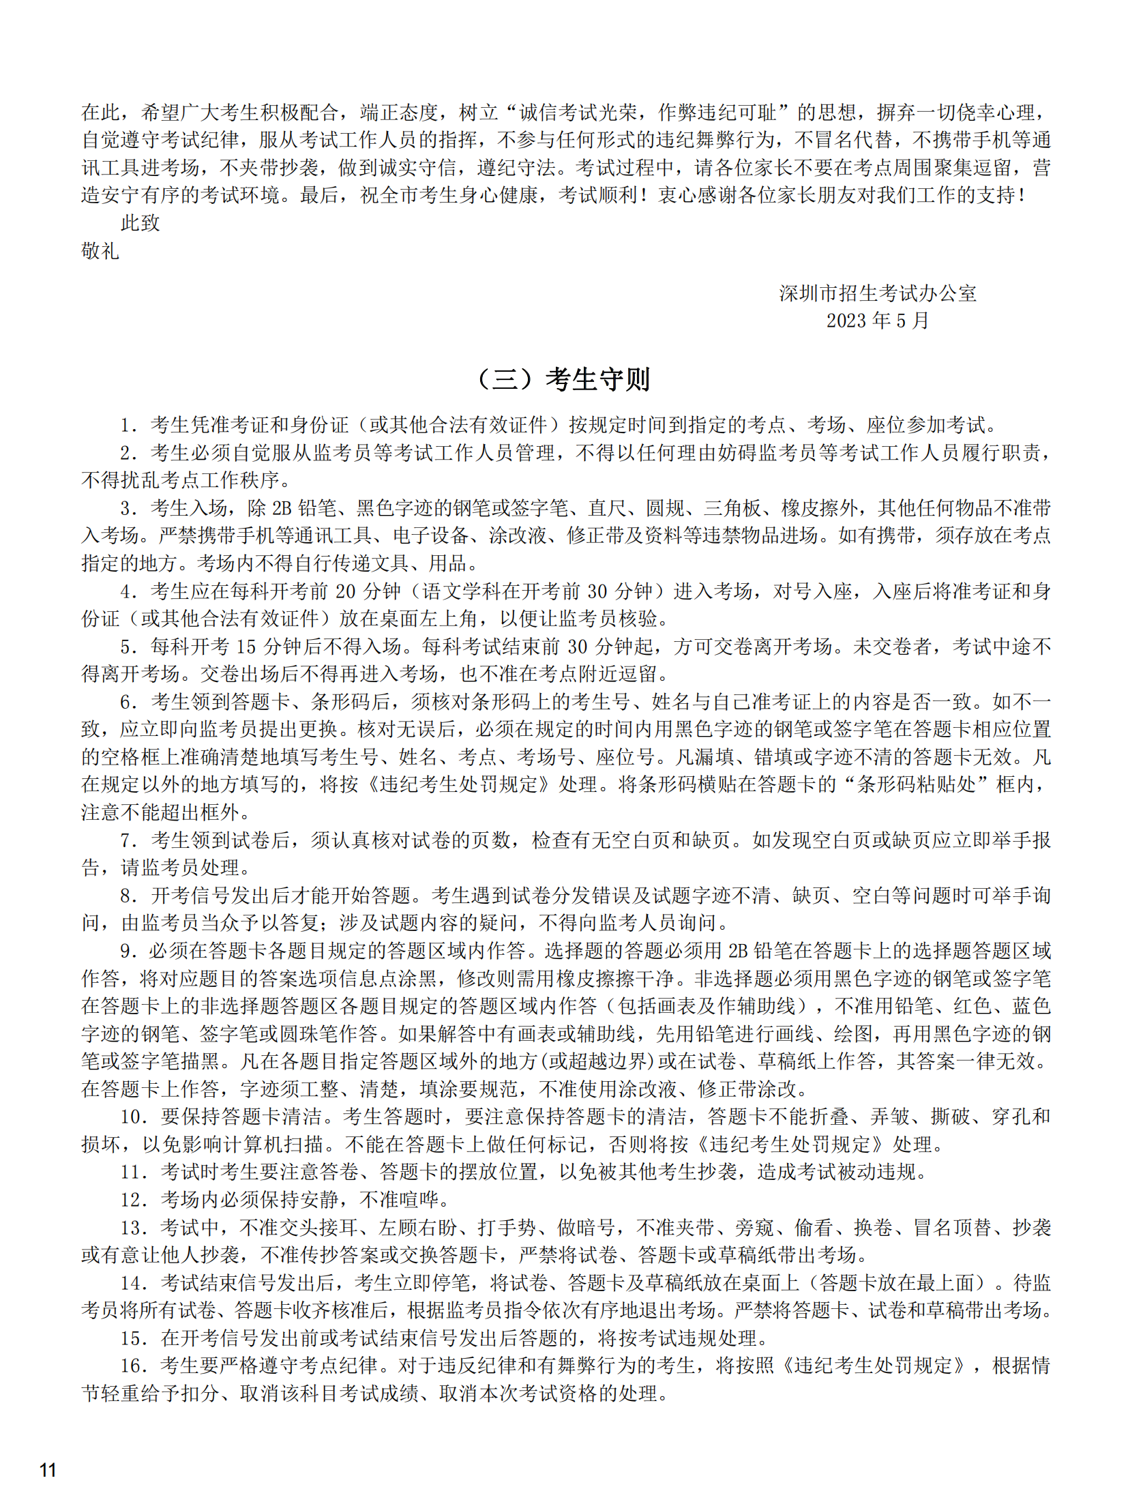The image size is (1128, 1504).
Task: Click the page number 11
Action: tap(48, 1469)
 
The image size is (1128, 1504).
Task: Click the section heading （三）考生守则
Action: tap(563, 379)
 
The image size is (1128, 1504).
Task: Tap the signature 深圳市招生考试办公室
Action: tap(877, 293)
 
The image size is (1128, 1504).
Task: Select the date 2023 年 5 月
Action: tap(877, 321)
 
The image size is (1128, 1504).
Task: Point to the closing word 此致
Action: tap(140, 223)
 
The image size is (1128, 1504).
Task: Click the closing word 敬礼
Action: tap(100, 251)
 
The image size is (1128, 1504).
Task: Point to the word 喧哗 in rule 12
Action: tap(421, 1200)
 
